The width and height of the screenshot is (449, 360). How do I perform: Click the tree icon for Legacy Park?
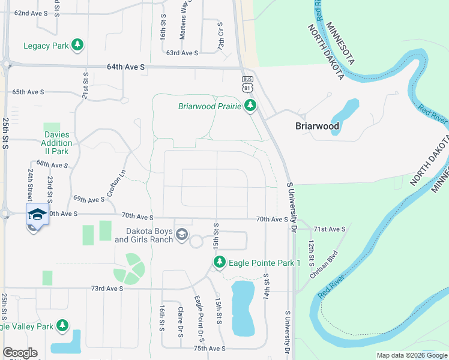77,45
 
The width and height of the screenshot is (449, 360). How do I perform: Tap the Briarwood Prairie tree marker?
250,107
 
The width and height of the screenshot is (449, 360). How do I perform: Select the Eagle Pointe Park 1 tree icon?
220,262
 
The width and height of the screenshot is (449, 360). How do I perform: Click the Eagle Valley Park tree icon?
62,326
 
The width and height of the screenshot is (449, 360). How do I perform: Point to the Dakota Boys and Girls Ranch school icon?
182,235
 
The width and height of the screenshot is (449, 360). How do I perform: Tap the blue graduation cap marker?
37,214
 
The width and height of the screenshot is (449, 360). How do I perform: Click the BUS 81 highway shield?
247,83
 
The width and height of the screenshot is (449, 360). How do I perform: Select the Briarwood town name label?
318,126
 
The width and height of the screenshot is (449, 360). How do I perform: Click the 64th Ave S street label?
126,68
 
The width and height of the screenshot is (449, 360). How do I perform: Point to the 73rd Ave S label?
107,289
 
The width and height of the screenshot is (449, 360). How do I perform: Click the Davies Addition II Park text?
56,143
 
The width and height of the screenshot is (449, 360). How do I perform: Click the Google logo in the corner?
20,352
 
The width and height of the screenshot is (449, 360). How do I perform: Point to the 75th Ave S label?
209,348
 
